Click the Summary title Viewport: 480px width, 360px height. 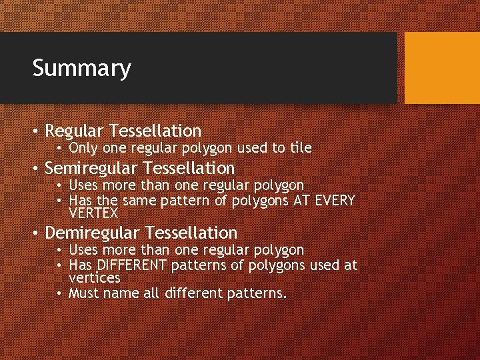[81, 68]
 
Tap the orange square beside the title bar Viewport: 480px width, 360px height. [442, 68]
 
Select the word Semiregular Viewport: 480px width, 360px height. [93, 167]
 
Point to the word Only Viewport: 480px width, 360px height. [83, 147]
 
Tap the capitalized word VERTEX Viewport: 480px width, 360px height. [93, 213]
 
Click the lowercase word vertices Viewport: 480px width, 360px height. [94, 277]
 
